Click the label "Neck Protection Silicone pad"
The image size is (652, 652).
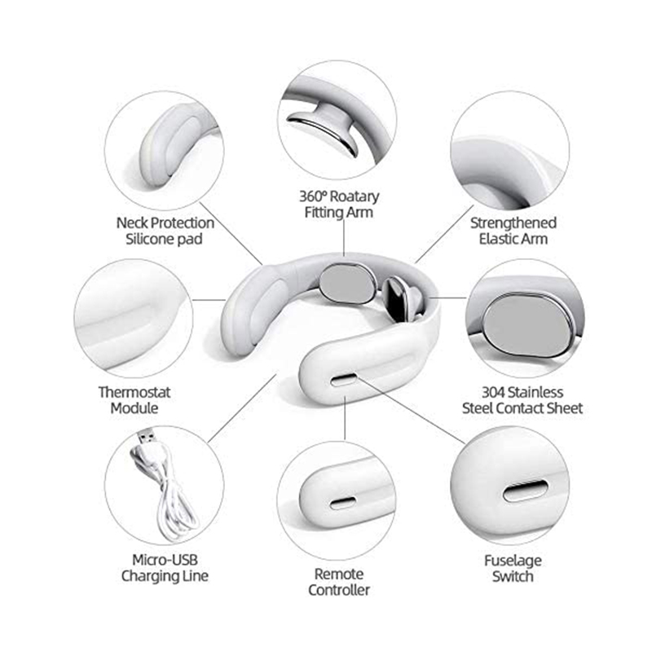click(x=165, y=231)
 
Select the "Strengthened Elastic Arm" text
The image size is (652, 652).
click(x=513, y=231)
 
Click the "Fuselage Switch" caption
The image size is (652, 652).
click(x=513, y=568)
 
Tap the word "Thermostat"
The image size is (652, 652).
click(x=134, y=390)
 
